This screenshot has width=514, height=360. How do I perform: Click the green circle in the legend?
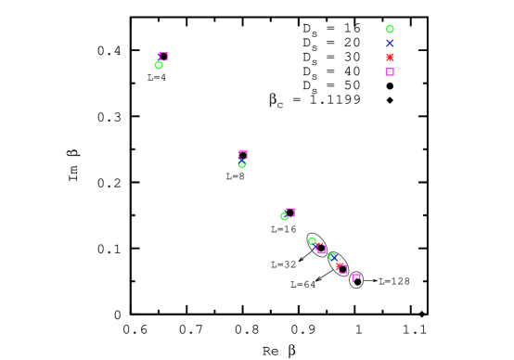[390, 29]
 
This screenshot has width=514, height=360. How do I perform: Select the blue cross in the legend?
[390, 43]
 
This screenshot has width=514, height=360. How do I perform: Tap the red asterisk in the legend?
[390, 58]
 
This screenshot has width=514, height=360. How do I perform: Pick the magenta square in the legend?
[390, 71]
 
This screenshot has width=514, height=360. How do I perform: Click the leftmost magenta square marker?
[163, 57]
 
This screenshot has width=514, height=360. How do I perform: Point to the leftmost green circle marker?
[159, 65]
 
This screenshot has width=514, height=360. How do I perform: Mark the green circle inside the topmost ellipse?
[312, 241]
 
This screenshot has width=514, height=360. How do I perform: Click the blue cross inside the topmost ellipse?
[315, 247]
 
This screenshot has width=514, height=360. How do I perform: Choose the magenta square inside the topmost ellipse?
[322, 250]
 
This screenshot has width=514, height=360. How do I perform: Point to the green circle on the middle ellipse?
[331, 255]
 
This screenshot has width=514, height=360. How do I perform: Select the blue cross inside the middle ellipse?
[334, 258]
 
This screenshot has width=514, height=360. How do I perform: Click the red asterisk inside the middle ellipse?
[339, 266]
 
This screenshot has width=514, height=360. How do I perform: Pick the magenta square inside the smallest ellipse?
[355, 277]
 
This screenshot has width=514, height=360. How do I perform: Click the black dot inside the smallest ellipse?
[357, 282]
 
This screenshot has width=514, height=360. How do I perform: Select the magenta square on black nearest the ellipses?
[290, 212]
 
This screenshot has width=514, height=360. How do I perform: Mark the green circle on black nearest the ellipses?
[284, 216]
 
